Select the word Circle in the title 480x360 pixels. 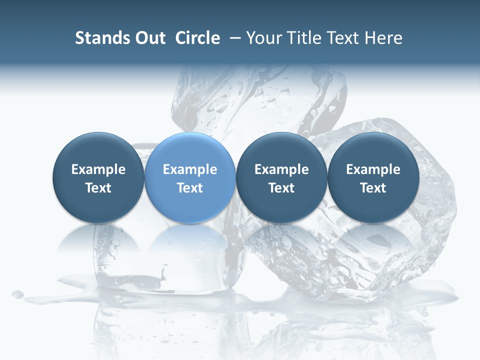click(197, 38)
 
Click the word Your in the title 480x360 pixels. click(263, 38)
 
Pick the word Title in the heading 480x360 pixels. click(303, 38)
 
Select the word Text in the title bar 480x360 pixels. click(342, 38)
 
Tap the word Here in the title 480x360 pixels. click(383, 38)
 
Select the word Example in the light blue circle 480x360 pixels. click(190, 169)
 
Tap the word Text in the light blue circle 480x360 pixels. click(190, 188)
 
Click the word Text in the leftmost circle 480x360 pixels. click(98, 188)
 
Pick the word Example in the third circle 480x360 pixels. click(281, 169)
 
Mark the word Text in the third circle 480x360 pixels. click(281, 188)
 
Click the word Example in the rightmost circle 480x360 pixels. click(373, 169)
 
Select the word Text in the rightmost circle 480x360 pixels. click(373, 188)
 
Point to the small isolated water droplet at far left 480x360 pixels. click(17, 294)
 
